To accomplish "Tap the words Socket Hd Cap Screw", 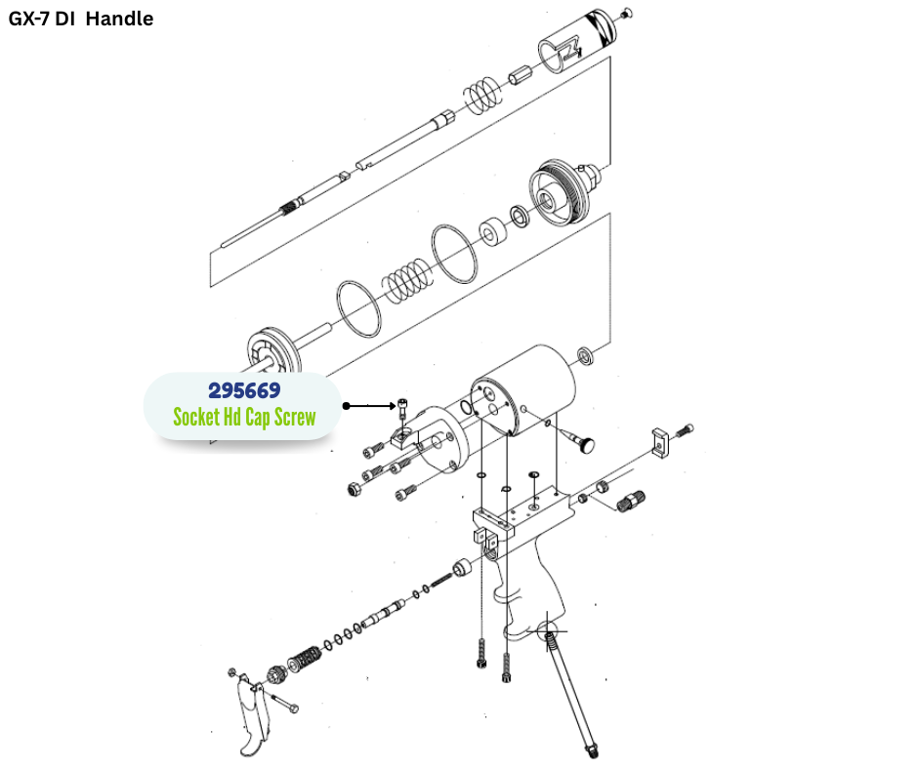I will (244, 417).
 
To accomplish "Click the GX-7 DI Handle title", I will (81, 19).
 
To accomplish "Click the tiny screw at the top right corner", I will (627, 12).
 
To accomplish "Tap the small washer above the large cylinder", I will (585, 353).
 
